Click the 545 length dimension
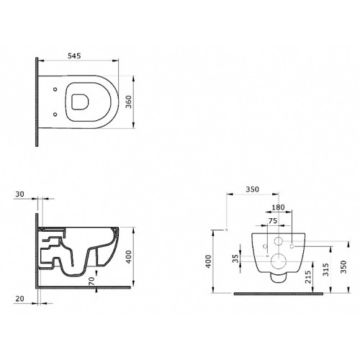click(x=74, y=56)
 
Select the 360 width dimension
click(x=129, y=102)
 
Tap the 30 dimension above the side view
click(x=20, y=194)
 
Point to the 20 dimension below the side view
click(x=20, y=299)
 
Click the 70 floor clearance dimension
click(x=91, y=281)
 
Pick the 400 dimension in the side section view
click(x=129, y=257)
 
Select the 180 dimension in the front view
click(x=278, y=207)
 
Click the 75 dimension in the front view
click(x=273, y=221)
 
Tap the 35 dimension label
click(x=236, y=258)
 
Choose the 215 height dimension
click(x=308, y=276)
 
